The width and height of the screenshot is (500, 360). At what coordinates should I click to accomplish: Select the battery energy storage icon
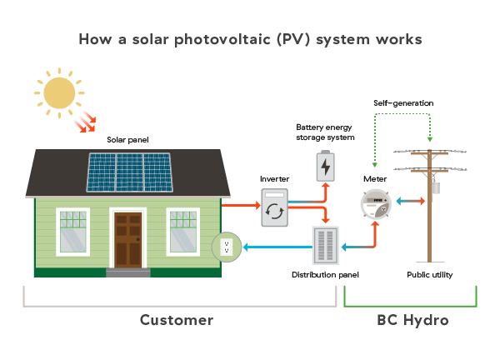click(x=325, y=166)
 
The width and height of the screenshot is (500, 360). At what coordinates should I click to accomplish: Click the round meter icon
click(x=376, y=204)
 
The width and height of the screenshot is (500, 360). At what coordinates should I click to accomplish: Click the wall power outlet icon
click(x=225, y=246)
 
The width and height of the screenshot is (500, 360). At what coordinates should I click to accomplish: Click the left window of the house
click(x=72, y=231)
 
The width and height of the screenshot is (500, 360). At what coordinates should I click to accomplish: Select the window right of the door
click(x=183, y=231)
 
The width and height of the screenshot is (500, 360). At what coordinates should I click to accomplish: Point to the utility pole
click(x=429, y=208)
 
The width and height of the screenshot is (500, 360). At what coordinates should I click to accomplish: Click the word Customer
click(x=176, y=320)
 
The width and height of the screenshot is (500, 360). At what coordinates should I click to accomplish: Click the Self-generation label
click(x=403, y=102)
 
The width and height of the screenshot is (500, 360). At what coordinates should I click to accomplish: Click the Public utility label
click(x=429, y=274)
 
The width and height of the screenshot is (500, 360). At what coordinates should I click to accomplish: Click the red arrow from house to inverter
click(x=240, y=203)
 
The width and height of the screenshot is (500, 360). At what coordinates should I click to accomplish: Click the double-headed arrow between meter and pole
click(x=409, y=201)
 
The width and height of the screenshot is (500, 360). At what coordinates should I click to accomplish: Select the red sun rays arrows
click(x=83, y=124)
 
